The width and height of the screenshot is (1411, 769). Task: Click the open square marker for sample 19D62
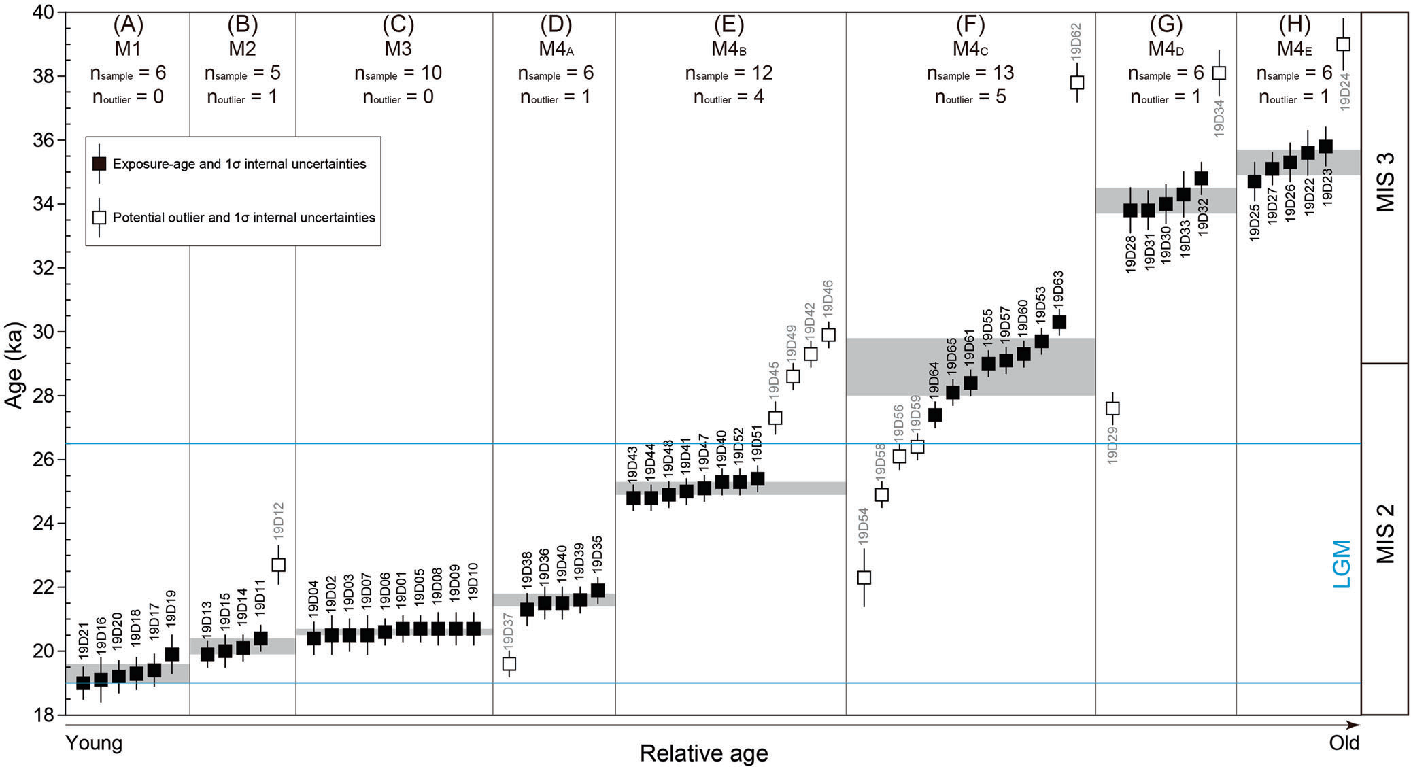1077,82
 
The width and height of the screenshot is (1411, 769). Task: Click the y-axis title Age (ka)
14,364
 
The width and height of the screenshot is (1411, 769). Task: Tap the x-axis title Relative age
704,753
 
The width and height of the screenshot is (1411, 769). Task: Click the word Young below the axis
94,742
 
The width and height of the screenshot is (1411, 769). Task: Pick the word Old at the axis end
1344,742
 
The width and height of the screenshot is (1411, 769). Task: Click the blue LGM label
1341,564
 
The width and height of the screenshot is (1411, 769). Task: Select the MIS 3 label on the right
1385,182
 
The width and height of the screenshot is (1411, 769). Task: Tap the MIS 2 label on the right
1385,534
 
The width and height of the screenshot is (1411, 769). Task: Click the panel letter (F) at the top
970,24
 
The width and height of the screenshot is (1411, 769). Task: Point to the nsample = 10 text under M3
398,73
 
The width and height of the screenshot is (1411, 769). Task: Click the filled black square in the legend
100,164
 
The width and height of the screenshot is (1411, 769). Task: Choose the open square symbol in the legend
100,218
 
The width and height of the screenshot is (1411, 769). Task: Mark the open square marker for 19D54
864,577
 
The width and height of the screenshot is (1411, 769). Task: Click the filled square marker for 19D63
1059,322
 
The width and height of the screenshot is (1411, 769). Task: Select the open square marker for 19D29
1112,408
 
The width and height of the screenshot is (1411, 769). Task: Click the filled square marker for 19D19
172,654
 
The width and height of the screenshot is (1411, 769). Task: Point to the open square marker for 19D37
509,664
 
